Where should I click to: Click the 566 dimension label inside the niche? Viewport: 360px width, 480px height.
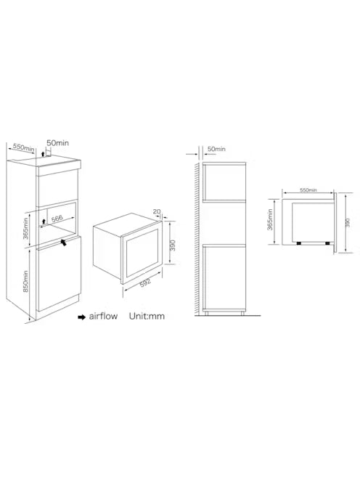[57, 219]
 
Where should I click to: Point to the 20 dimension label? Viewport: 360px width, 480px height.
[157, 211]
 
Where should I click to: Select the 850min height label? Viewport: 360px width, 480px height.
[25, 281]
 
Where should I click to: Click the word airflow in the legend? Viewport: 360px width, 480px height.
[103, 316]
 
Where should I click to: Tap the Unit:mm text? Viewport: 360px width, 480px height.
[147, 316]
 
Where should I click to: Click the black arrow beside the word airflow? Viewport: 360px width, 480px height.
[82, 317]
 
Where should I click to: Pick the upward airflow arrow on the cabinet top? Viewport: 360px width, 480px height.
[43, 154]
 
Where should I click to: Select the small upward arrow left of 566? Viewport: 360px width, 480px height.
[44, 221]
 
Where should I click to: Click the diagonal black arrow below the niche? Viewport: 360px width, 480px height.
[63, 243]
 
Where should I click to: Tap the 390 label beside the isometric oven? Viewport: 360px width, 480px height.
[173, 245]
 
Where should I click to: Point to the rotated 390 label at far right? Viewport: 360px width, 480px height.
[347, 222]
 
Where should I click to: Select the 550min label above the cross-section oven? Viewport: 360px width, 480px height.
[308, 190]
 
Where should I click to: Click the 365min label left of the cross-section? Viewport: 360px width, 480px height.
[270, 220]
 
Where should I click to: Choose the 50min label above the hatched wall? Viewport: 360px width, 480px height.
[216, 149]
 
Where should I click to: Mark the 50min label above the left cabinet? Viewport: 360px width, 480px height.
[57, 142]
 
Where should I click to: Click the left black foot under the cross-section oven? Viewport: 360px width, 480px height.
[299, 243]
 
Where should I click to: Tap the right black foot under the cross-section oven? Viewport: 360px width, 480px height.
[327, 243]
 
